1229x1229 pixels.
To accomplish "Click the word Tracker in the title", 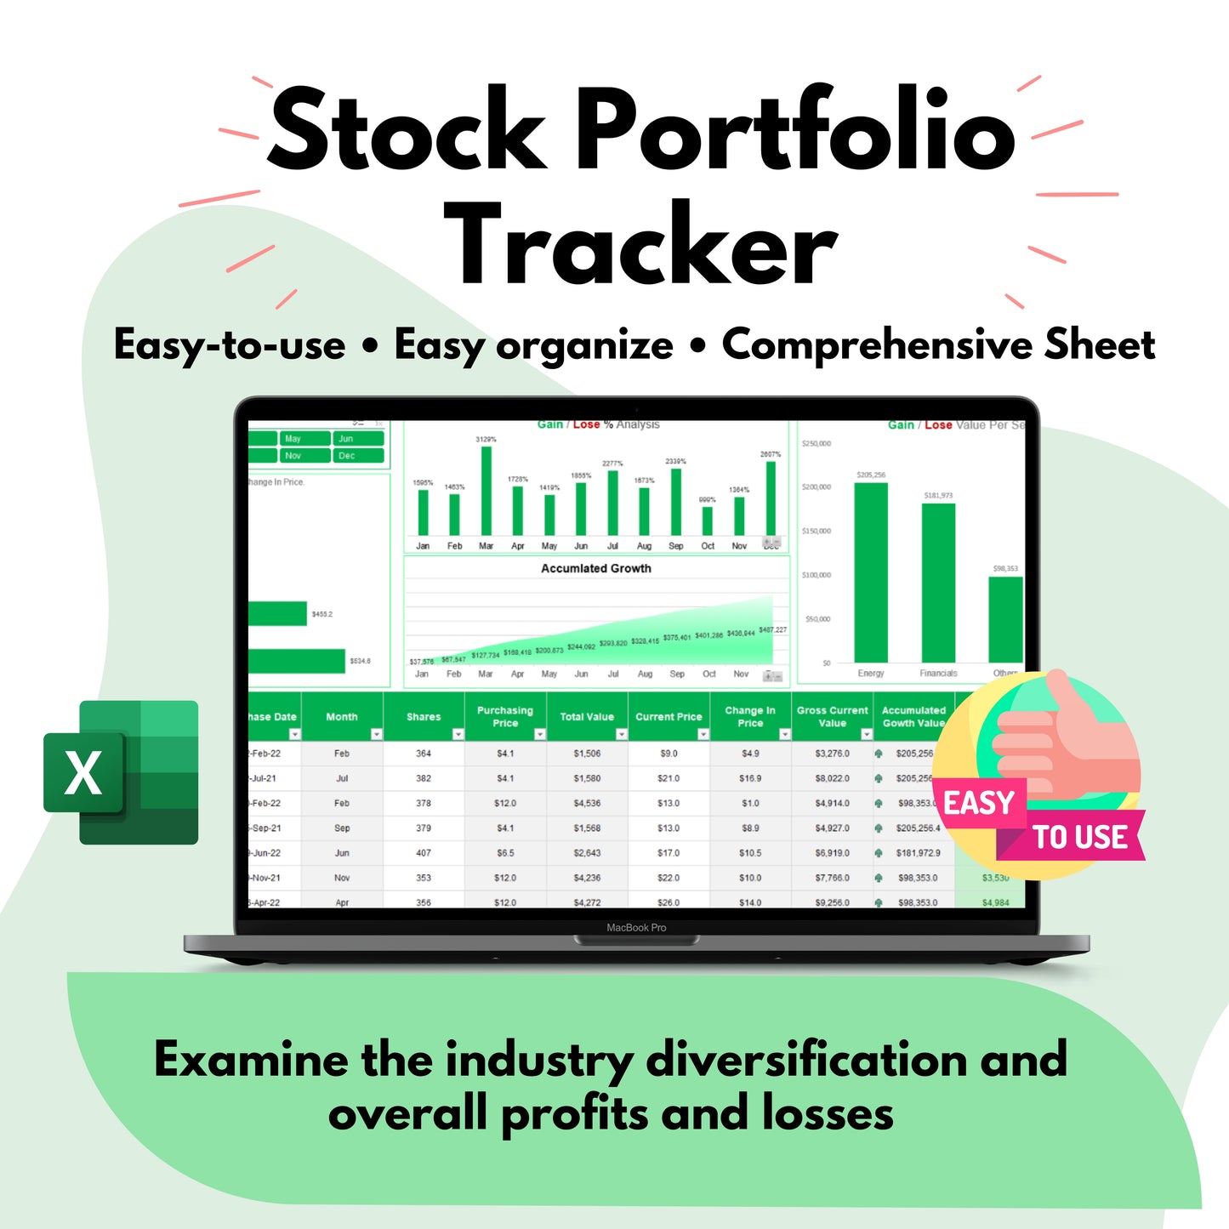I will (x=640, y=246).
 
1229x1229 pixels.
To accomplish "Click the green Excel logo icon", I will (x=121, y=772).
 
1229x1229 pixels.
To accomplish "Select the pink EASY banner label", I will (x=979, y=802).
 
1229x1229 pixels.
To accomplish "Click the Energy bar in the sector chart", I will (x=871, y=572).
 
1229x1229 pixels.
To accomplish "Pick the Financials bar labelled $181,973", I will (x=938, y=583).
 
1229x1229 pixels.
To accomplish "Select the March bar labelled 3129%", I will (x=486, y=491).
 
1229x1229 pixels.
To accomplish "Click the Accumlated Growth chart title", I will (x=596, y=568).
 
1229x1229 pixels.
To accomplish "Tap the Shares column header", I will (x=424, y=717).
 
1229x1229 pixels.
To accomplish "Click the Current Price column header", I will (x=669, y=717).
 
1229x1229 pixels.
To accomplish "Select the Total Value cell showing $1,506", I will (x=587, y=754).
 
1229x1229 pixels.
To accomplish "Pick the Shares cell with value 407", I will (x=424, y=853).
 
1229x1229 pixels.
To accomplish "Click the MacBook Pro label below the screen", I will (x=636, y=928).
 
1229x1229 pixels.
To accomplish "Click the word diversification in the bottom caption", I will (x=806, y=1060).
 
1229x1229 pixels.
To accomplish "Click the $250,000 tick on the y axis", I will (x=816, y=444).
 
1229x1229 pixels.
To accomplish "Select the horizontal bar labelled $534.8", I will (x=297, y=661).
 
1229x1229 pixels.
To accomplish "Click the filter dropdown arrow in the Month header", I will (x=376, y=734).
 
